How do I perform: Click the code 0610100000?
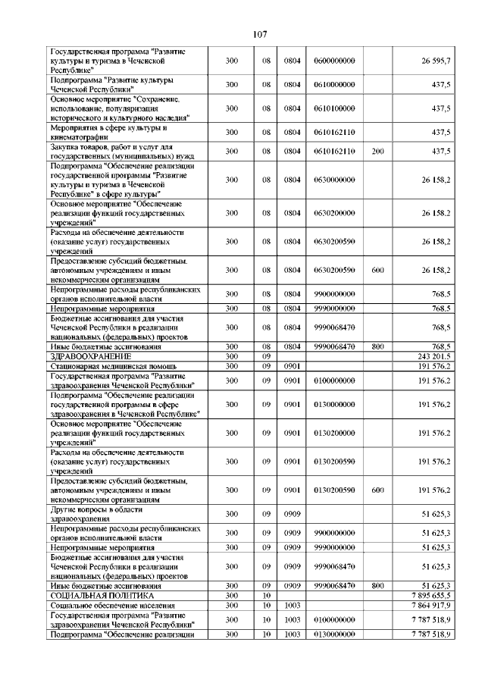click(x=334, y=109)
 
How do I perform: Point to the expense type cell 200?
click(x=377, y=151)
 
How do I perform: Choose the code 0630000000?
click(x=334, y=180)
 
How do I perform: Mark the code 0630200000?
click(x=334, y=213)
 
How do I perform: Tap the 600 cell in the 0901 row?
click(x=377, y=490)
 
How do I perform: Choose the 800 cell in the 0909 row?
click(x=377, y=586)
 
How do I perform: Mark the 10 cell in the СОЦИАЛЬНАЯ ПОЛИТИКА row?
click(x=266, y=597)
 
